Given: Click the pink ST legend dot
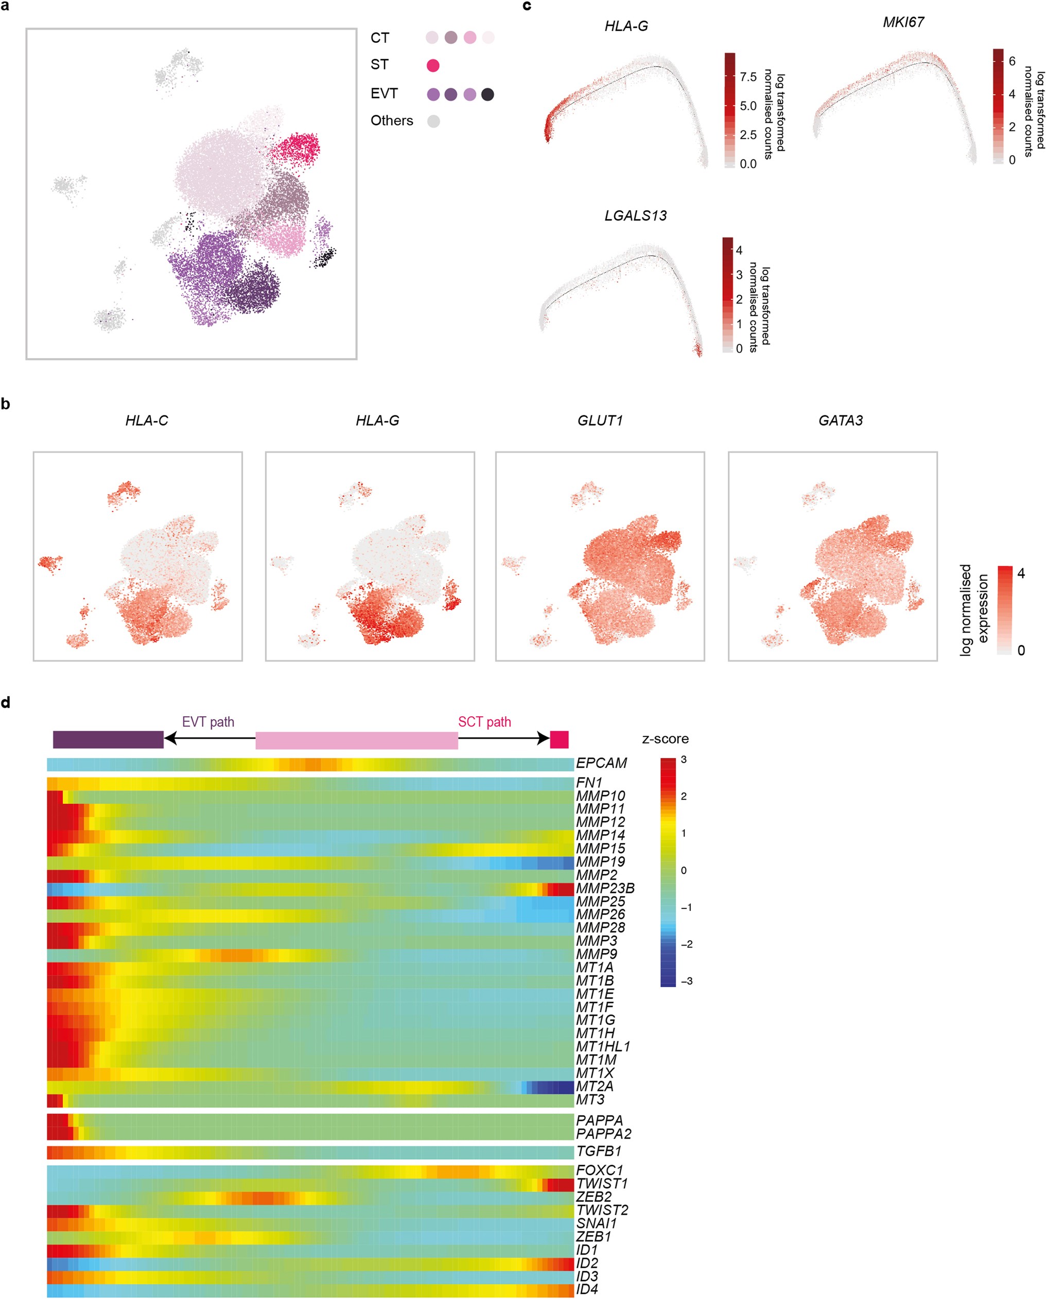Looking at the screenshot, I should (x=432, y=65).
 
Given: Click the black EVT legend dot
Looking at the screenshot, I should (x=487, y=94).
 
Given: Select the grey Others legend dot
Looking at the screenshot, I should (x=433, y=121).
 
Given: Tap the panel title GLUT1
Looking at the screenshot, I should (x=600, y=421).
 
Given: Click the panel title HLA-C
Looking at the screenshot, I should (x=147, y=421).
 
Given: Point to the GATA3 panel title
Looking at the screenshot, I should (x=840, y=421).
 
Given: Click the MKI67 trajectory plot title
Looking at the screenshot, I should (x=903, y=22).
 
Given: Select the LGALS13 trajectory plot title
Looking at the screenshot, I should (x=635, y=215).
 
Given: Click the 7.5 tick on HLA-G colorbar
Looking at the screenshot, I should (x=748, y=77).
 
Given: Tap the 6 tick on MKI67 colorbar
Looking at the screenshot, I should (x=1012, y=61).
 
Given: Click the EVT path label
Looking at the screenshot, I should (x=208, y=722).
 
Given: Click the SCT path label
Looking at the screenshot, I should (x=484, y=722).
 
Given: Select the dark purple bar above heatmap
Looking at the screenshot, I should (x=108, y=739).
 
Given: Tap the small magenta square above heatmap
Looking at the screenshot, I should (x=559, y=739).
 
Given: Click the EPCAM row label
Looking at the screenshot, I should (x=601, y=763).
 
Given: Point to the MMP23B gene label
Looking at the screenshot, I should (x=605, y=888).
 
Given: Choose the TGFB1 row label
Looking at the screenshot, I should (x=598, y=1151).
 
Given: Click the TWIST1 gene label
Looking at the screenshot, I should (x=602, y=1184).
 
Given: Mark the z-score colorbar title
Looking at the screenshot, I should (x=665, y=739).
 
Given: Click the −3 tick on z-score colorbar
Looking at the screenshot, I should (x=686, y=982).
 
